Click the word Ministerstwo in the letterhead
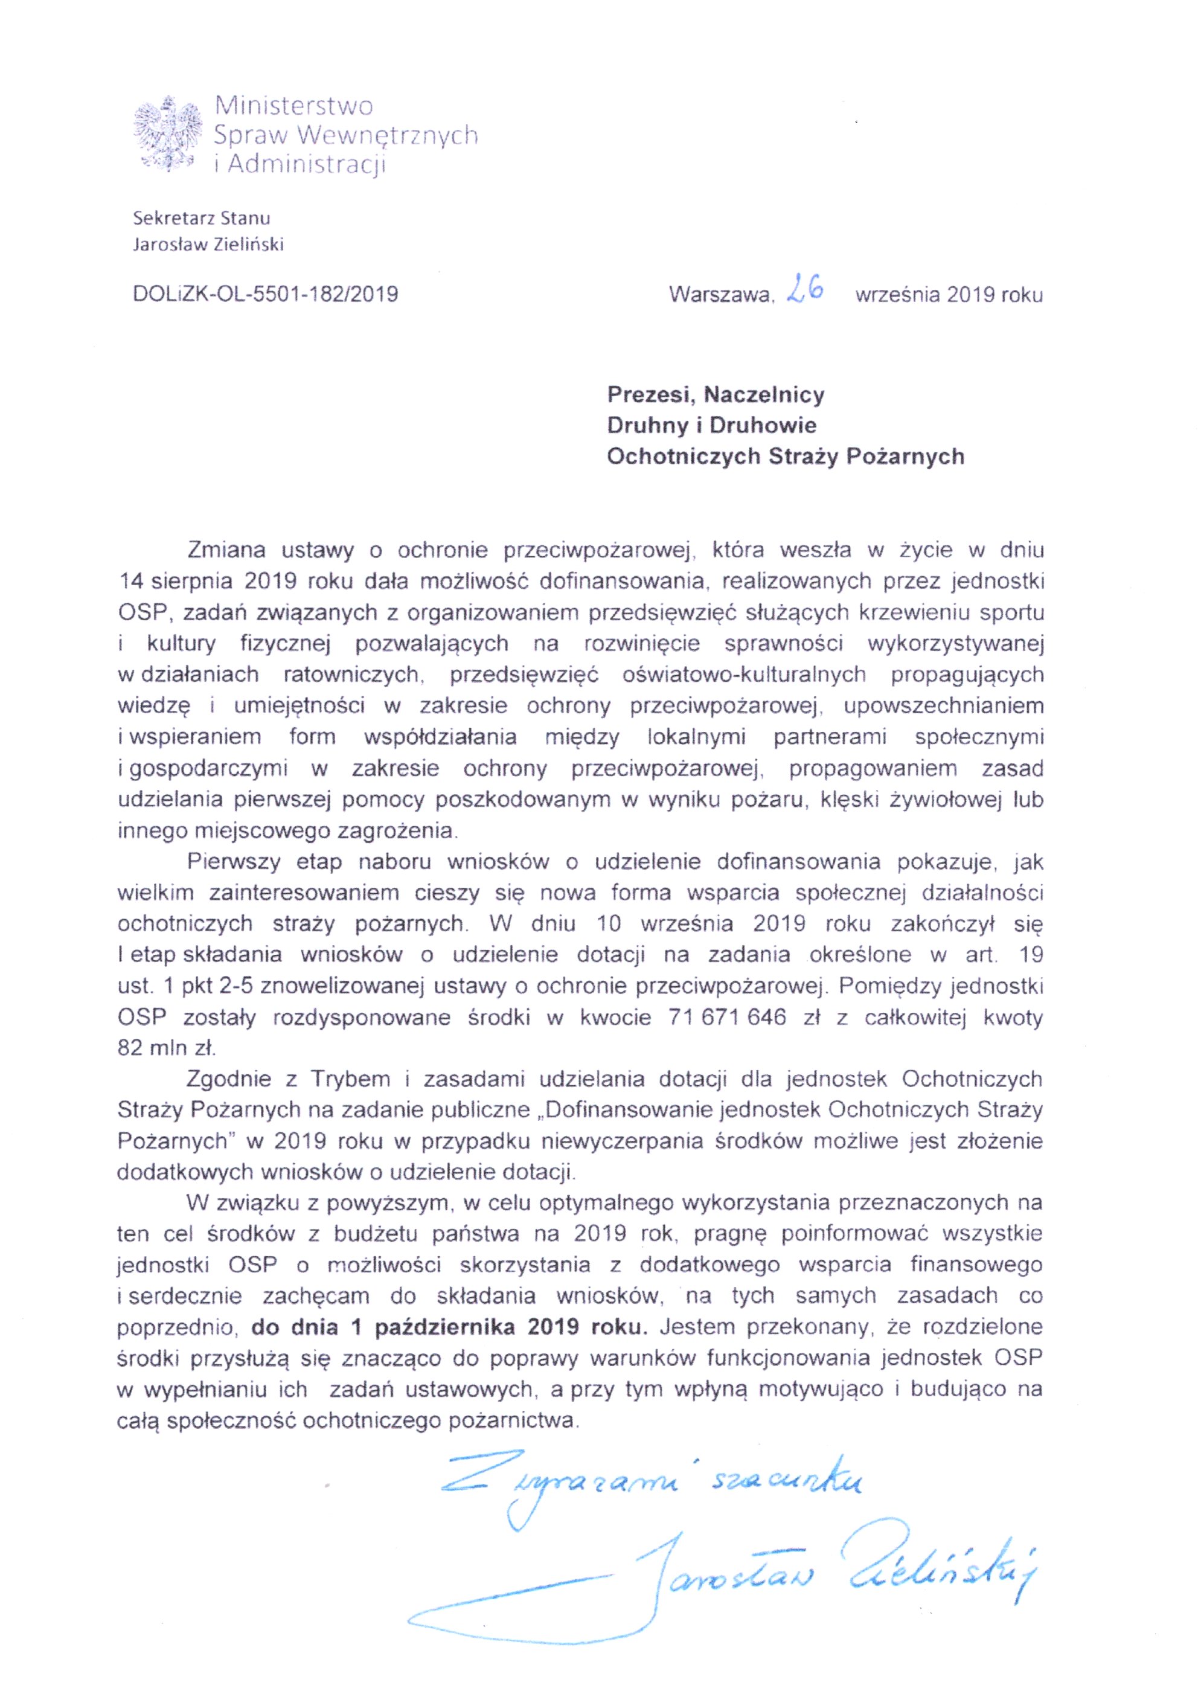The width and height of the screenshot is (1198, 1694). tap(293, 106)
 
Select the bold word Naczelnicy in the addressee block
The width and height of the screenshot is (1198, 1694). tap(763, 395)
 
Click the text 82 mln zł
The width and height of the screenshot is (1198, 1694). tap(165, 1048)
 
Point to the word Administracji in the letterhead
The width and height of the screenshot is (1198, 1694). tap(307, 164)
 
